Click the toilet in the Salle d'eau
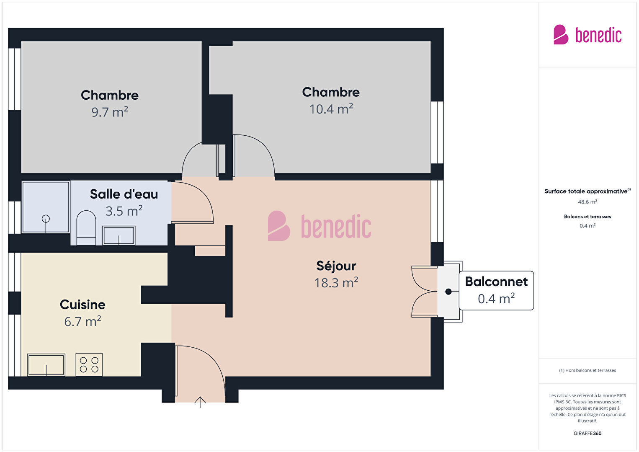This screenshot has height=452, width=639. [86, 228]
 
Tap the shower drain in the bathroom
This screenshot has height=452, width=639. [46, 219]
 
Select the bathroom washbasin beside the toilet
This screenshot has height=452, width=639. [119, 235]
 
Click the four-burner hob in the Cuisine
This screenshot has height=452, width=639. [89, 365]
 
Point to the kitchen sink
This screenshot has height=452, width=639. [46, 365]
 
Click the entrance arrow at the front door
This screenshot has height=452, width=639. [200, 402]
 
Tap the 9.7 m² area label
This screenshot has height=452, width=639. [110, 112]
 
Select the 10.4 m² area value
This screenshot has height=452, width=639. [331, 109]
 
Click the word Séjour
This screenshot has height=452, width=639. [336, 266]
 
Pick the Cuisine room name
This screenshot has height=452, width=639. [82, 305]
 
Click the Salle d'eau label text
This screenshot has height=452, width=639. [124, 194]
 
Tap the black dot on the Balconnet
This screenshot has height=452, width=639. [448, 292]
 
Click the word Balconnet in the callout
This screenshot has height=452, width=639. [496, 282]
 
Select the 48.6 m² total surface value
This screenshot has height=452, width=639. [587, 202]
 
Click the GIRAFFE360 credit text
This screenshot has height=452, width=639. [587, 433]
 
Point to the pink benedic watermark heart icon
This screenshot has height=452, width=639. [278, 226]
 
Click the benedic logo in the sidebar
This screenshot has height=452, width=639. [587, 34]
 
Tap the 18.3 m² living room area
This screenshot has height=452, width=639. [336, 283]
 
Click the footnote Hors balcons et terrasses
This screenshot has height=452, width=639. [587, 370]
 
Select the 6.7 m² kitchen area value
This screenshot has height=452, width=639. [82, 321]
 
